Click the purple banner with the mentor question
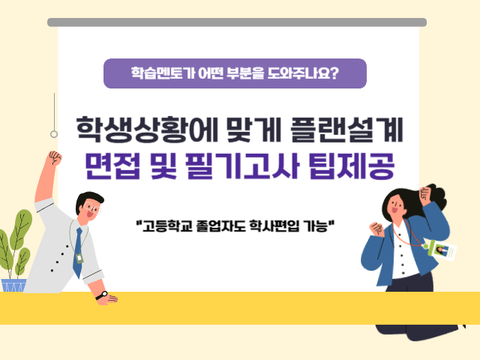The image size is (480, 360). (x=235, y=73)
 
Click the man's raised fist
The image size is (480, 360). (x=54, y=159)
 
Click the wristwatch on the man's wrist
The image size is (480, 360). (x=101, y=295)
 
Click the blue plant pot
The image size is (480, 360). (x=13, y=285)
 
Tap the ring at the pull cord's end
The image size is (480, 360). (x=54, y=134)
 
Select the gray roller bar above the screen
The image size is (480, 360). (x=237, y=22)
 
